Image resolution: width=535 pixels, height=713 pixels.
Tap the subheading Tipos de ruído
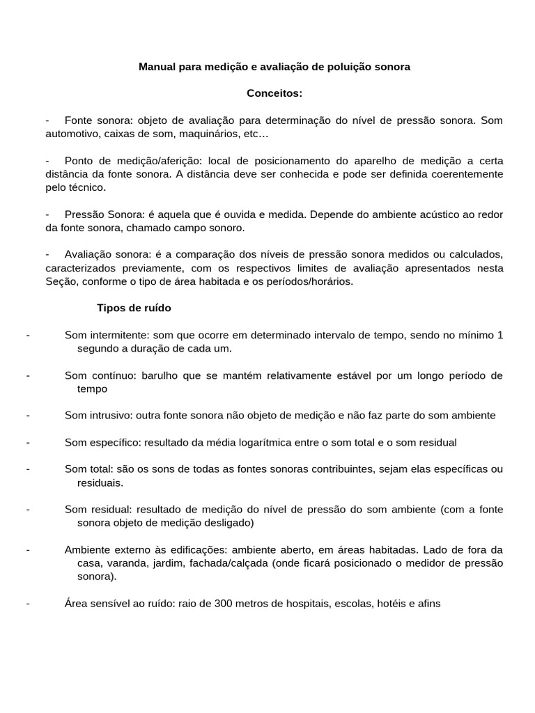133,308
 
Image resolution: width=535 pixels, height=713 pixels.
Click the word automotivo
73,133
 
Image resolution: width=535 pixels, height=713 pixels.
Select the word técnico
87,187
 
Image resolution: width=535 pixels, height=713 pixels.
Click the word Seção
60,281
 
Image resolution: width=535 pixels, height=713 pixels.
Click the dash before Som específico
27,442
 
